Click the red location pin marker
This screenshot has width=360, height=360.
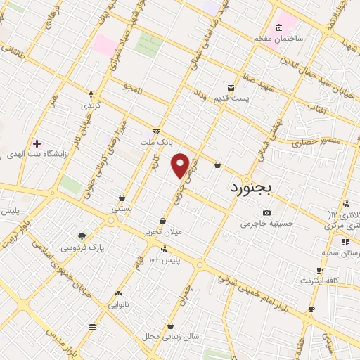coord(181,165)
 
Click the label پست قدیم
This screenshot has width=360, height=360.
coord(232,98)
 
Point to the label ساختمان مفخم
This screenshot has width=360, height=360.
coord(279,38)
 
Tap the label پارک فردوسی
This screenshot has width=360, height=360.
coord(82,247)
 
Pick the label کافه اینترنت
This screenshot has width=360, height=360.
coord(320,281)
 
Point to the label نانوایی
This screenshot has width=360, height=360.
coord(117,305)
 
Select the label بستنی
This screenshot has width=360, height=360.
coord(122,209)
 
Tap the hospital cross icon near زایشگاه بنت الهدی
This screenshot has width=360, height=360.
coord(37,143)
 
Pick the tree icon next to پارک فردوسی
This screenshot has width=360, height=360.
coord(82,237)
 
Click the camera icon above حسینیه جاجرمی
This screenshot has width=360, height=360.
coord(266,213)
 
